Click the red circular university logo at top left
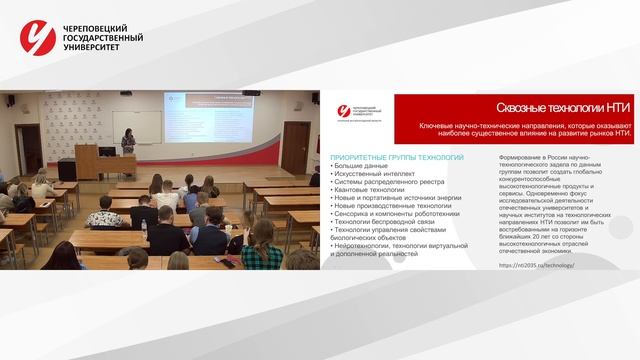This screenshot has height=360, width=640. point(39,38)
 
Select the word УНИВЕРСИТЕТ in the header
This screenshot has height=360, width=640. point(93,48)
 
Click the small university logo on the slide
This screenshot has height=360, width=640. point(345,109)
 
